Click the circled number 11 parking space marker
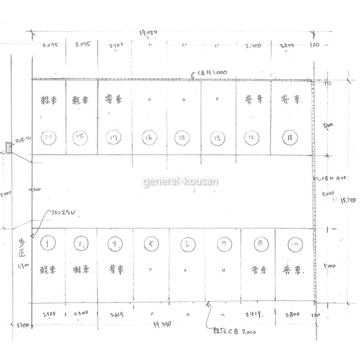291,137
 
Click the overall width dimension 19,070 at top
148,33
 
